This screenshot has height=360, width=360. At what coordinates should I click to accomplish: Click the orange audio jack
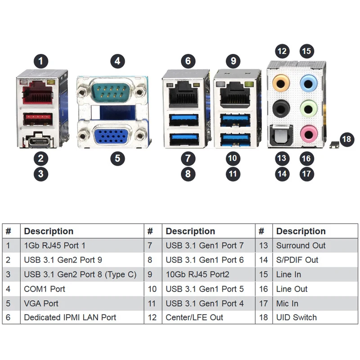pyautogui.click(x=281, y=83)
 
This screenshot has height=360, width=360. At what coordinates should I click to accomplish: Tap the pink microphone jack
pyautogui.click(x=309, y=133)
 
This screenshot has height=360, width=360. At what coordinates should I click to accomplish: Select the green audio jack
pyautogui.click(x=309, y=108)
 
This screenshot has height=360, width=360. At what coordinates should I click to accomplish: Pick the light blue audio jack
pyautogui.click(x=309, y=83)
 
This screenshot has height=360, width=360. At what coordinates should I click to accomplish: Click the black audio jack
pyautogui.click(x=281, y=108)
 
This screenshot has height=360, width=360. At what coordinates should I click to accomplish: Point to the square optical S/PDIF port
pyautogui.click(x=281, y=135)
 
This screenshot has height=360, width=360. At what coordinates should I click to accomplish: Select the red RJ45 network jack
pyautogui.click(x=37, y=92)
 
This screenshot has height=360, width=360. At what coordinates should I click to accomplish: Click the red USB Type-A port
pyautogui.click(x=38, y=119)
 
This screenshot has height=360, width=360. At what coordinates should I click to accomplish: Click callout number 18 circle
pyautogui.click(x=346, y=139)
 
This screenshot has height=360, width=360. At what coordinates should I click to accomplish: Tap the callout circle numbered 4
pyautogui.click(x=117, y=61)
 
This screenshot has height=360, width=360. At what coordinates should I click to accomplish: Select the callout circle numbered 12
pyautogui.click(x=282, y=51)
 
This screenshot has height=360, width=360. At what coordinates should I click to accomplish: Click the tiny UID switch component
pyautogui.click(x=334, y=144)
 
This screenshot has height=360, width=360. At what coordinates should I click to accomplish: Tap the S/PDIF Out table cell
pyautogui.click(x=315, y=260)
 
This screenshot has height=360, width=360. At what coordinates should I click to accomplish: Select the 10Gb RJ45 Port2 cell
pyautogui.click(x=209, y=274)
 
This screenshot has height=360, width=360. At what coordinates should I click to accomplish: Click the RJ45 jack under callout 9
pyautogui.click(x=234, y=94)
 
